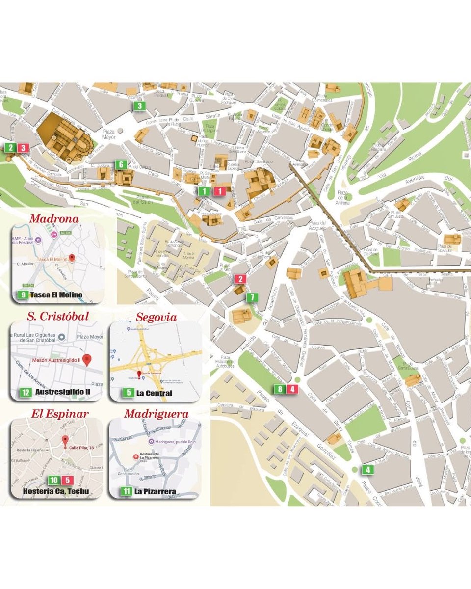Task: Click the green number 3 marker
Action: click(139, 106)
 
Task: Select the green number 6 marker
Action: click(121, 165)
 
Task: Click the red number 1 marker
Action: click(221, 191)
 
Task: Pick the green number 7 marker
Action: click(252, 297)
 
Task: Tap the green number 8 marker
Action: click(280, 389)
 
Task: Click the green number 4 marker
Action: click(368, 470)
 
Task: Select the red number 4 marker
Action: click(293, 389)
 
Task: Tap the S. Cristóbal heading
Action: click(58, 317)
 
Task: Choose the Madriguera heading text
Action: click(156, 414)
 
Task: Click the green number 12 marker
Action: click(26, 393)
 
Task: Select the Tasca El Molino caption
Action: click(56, 295)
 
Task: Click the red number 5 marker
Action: click(67, 481)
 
